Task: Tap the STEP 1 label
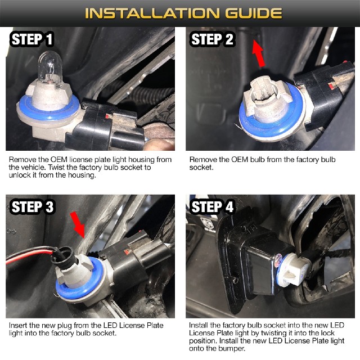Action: pos(32,39)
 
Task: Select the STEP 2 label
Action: pos(212,39)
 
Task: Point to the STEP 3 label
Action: pos(33,206)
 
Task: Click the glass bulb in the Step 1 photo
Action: pos(50,68)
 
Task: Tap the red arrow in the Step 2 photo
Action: pos(259,53)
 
